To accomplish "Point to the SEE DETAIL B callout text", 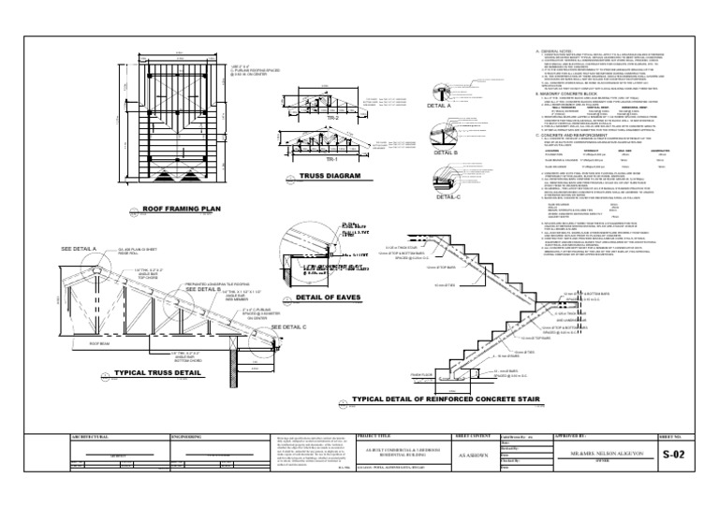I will [204, 289].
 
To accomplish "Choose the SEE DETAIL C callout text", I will [261, 326].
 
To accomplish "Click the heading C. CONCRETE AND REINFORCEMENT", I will [580, 136].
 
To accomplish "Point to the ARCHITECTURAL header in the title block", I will [89, 436].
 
